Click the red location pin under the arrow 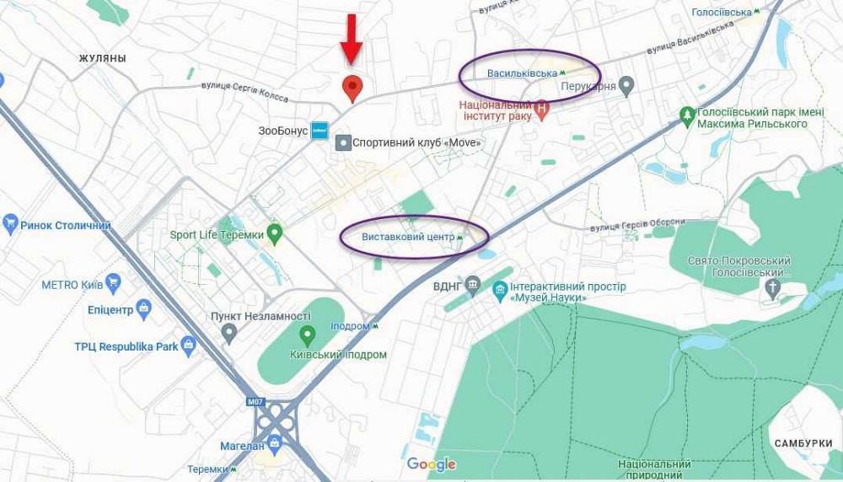(352, 87)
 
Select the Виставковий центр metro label (408, 237)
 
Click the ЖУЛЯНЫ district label (102, 58)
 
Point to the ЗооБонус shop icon (319, 131)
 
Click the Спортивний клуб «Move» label (416, 142)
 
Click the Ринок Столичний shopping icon (11, 224)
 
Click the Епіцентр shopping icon (143, 309)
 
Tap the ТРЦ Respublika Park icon (188, 345)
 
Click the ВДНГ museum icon (472, 284)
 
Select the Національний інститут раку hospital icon (542, 109)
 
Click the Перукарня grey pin (626, 85)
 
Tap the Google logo (431, 464)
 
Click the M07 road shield (256, 402)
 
